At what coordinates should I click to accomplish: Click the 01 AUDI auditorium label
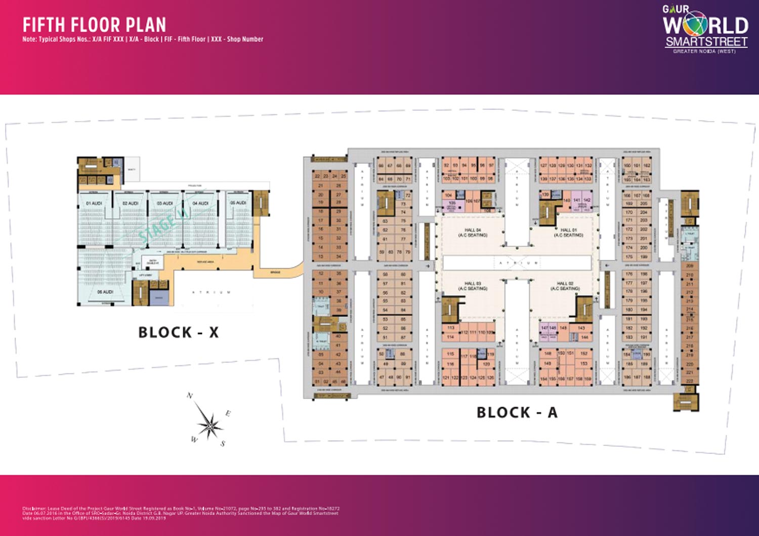tap(94, 203)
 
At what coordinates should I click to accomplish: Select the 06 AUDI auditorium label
tap(105, 292)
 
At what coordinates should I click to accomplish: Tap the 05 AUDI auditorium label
tap(238, 203)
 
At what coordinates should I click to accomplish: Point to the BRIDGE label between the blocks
tap(275, 273)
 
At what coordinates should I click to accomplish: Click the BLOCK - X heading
tap(179, 332)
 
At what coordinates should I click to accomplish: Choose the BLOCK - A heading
tap(517, 412)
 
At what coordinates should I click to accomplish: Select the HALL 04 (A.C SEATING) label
tap(473, 233)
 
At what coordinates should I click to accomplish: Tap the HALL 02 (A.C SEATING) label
tap(565, 286)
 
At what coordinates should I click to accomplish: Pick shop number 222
tap(689, 380)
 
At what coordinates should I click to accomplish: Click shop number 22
tap(317, 176)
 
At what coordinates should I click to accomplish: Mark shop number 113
tap(450, 328)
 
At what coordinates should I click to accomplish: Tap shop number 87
tap(403, 337)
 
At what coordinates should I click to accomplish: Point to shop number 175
tap(629, 257)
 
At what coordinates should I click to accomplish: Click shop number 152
tap(584, 354)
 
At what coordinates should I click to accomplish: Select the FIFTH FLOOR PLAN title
tap(94, 25)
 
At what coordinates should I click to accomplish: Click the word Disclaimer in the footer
tap(34, 508)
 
